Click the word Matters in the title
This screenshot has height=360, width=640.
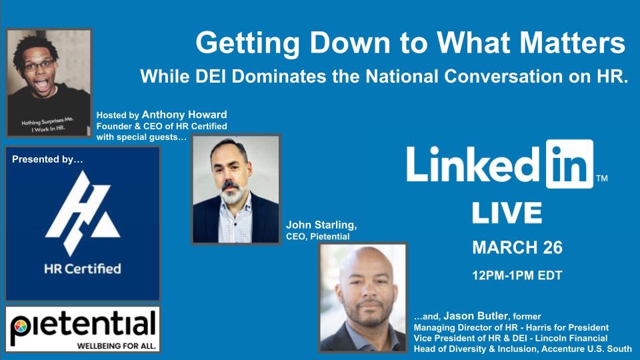click(x=572, y=43)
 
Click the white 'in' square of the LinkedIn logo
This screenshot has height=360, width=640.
click(x=569, y=164)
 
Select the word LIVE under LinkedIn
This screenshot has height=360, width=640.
click(x=507, y=212)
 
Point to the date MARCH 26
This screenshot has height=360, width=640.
click(x=517, y=247)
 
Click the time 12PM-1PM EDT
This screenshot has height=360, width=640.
click(x=517, y=275)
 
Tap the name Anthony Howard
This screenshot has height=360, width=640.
click(x=184, y=115)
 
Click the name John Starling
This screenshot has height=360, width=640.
click(x=321, y=225)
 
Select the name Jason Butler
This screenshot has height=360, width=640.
click(x=475, y=315)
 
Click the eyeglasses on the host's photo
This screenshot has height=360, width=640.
click(x=39, y=65)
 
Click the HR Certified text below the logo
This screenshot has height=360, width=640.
click(x=83, y=269)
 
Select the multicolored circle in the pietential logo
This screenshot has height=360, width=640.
click(x=21, y=327)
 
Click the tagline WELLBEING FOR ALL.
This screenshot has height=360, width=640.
click(x=116, y=346)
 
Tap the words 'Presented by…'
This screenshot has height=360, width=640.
click(x=47, y=159)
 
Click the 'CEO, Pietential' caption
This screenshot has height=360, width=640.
click(x=317, y=237)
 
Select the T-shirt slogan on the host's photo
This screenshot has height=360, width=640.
click(x=48, y=125)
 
